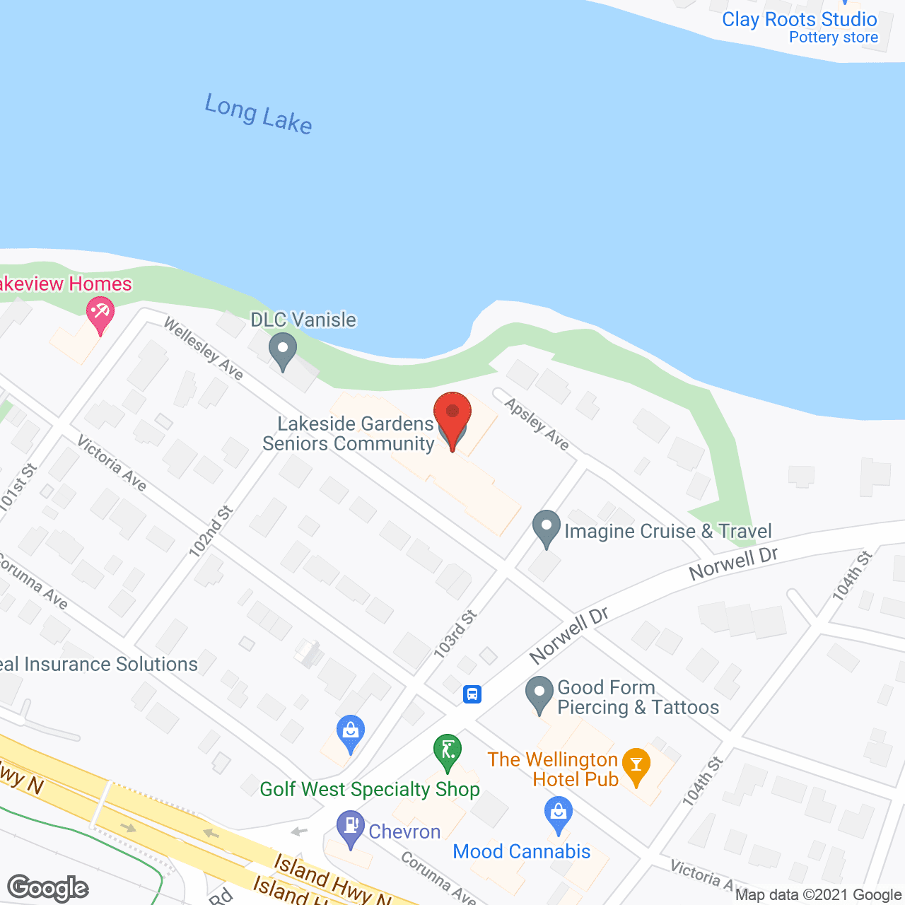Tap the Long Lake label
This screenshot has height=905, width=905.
pos(258,114)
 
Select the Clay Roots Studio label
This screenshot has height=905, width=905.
pos(799,20)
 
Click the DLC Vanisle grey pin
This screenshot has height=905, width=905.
pos(283,350)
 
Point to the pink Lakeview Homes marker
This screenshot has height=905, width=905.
pos(100,314)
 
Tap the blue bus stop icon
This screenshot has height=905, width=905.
pos(472,694)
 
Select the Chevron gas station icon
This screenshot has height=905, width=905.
pos(350,828)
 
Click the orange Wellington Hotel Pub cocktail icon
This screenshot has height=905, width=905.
pos(636,766)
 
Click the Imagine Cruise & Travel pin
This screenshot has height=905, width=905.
pos(546,528)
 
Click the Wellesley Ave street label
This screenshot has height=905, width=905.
pos(204,348)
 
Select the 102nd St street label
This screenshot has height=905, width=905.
pos(211,532)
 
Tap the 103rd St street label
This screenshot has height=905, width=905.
pos(455,635)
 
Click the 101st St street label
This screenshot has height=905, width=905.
pos(18,487)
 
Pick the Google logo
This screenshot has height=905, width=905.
pos(48,888)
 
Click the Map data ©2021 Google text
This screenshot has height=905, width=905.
pos(818,895)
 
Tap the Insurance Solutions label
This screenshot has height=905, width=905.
pos(99,665)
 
